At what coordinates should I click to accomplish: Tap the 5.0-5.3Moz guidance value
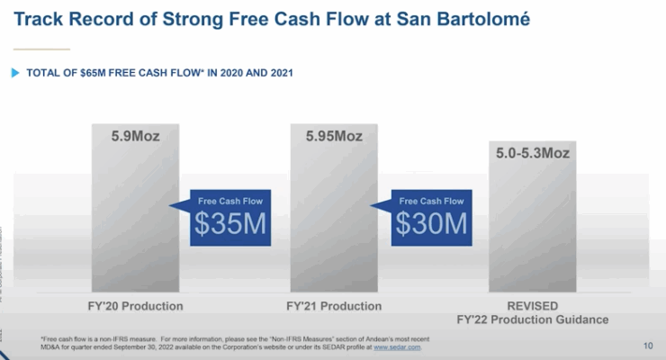click(x=533, y=154)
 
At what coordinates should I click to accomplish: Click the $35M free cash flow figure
click(x=230, y=224)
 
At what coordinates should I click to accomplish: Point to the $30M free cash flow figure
click(x=431, y=224)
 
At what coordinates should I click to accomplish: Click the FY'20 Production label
click(x=134, y=306)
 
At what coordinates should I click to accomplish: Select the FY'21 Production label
click(x=334, y=306)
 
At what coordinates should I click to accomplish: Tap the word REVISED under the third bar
click(x=532, y=306)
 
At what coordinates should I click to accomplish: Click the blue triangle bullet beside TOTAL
click(x=15, y=73)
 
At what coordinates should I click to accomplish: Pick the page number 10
click(x=648, y=345)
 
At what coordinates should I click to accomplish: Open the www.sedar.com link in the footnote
click(x=397, y=346)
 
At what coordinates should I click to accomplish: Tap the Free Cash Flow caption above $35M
click(x=230, y=201)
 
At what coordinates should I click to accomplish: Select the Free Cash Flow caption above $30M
click(x=431, y=201)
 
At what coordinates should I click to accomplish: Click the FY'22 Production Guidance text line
click(x=532, y=319)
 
